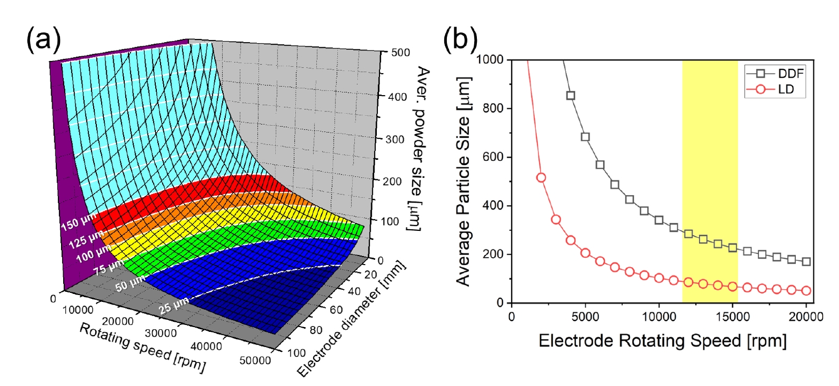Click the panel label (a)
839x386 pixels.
(44, 39)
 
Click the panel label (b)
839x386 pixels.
(460, 39)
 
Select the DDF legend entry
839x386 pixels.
(790, 74)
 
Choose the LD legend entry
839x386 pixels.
(785, 89)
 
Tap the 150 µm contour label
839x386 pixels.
(79, 222)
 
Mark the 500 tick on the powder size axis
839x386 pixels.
(401, 53)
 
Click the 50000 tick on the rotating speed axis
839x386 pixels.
(255, 360)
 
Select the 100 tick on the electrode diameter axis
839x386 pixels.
(297, 352)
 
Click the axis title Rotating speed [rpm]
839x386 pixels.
(142, 347)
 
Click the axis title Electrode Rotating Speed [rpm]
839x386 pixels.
(663, 341)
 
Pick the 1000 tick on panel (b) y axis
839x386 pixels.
(490, 59)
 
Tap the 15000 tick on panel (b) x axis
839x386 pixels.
(733, 317)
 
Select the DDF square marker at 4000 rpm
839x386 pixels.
(571, 96)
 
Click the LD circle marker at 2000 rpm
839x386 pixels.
(541, 178)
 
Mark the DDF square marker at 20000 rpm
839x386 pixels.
(806, 261)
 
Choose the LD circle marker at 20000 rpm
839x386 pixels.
(806, 291)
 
